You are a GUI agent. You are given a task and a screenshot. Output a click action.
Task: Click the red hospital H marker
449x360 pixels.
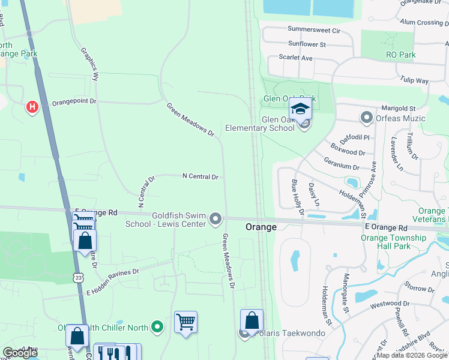point(32,107)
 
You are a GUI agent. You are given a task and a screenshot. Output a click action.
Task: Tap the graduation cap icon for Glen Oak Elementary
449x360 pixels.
point(300,109)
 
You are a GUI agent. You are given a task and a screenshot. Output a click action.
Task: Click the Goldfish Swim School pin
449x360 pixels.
point(215,221)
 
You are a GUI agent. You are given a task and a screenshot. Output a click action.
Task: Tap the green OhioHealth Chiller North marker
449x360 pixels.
point(157,327)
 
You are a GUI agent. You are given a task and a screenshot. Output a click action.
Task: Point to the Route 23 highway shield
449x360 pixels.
point(79,277)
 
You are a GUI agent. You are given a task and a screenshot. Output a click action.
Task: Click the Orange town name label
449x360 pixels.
point(261,227)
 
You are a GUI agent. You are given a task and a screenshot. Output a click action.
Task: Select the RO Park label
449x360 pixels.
point(401,55)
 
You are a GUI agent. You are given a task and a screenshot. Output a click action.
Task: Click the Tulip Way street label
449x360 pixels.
point(414,81)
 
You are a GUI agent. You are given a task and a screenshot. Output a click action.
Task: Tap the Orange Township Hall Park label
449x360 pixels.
point(393,242)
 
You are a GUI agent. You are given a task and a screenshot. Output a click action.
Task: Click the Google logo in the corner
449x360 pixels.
point(20,353)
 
